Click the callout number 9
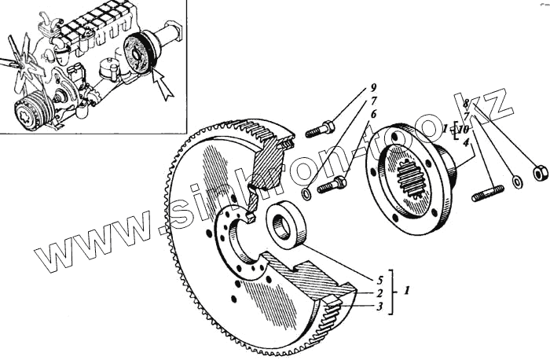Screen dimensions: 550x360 (x=374, y=86)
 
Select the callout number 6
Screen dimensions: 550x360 (x=374, y=116)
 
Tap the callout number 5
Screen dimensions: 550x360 (x=379, y=279)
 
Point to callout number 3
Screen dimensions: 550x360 (x=379, y=307)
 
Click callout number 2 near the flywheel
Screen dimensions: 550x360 (x=379, y=292)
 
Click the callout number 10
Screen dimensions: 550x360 (x=466, y=129)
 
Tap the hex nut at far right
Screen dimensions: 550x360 (x=540, y=173)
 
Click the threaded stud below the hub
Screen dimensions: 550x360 (x=487, y=193)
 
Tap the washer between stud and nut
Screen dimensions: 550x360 (x=517, y=182)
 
